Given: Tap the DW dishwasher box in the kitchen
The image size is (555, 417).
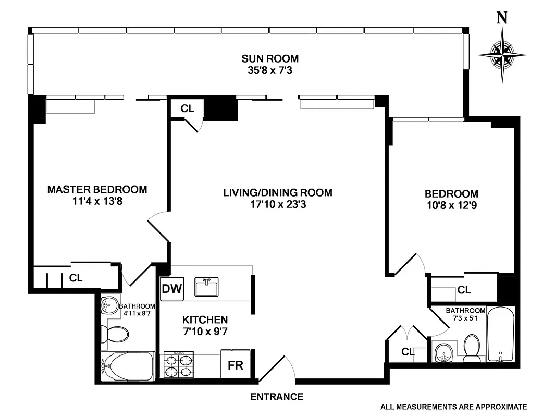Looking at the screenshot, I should coord(171,289).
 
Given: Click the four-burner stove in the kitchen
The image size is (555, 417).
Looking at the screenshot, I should coord(178,365).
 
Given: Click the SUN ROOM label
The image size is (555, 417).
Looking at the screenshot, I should coord(269,58).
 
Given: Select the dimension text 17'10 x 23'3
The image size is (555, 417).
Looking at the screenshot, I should coord(277,204).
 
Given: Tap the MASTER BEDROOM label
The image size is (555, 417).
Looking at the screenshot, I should coord(97,189).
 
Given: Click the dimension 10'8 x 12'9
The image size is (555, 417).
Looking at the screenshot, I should coord(451,205).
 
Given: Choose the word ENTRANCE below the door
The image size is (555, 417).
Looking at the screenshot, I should coord(277,397).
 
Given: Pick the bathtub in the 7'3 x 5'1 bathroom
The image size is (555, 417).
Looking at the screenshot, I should coord(500,334).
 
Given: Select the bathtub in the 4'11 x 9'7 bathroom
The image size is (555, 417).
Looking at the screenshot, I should coord(127,367).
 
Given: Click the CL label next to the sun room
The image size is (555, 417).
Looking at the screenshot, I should coord(187,108).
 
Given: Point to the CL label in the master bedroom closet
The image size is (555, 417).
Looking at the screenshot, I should coord(76,278).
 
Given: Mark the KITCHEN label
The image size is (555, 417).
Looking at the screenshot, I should coord(205,320).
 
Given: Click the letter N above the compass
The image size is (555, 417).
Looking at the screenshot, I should coord(502,18).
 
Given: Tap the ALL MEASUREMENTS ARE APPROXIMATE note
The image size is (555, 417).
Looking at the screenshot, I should coord(453,407).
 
